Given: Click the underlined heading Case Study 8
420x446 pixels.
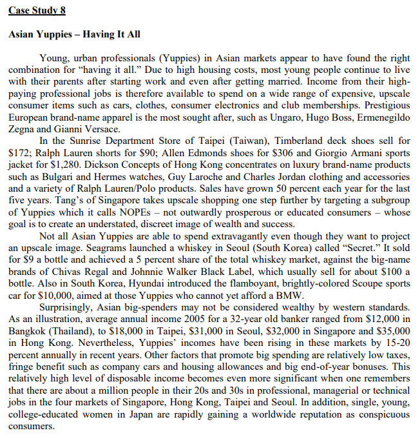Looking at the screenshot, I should pyautogui.click(x=37, y=11).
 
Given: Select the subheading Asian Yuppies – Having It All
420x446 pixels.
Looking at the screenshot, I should pyautogui.click(x=75, y=34).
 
